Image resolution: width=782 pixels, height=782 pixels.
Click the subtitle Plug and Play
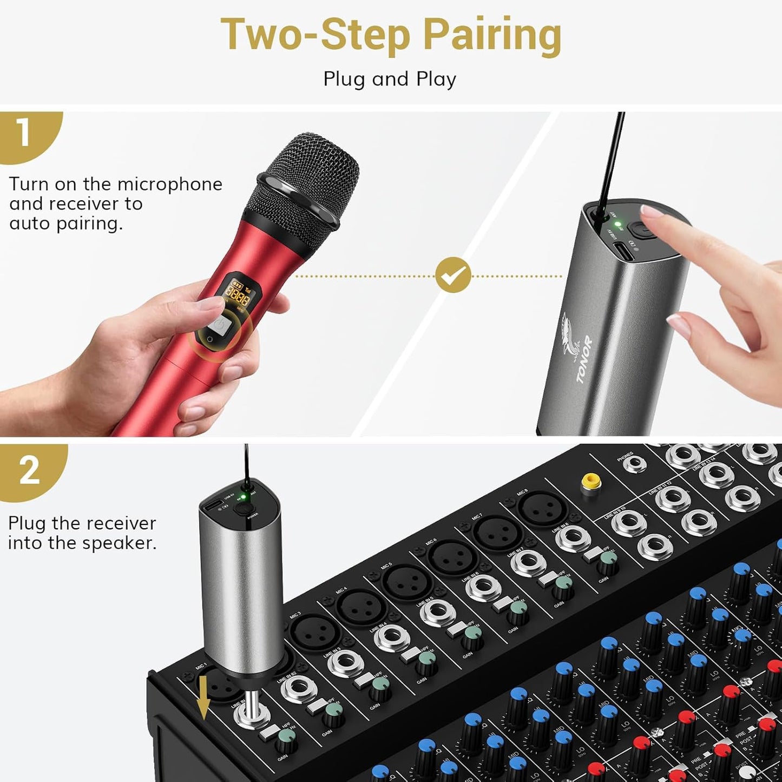tap(390, 79)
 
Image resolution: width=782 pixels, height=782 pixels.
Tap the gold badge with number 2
tap(29, 470)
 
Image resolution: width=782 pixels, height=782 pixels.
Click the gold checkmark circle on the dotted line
tap(453, 275)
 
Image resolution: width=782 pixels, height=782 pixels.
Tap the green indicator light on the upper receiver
tap(617, 224)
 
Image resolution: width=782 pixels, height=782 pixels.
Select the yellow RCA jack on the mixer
tap(590, 481)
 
